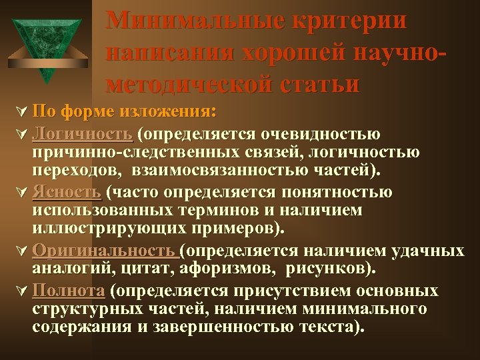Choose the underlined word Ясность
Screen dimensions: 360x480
click(66, 193)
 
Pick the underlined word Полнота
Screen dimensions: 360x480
click(69, 291)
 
